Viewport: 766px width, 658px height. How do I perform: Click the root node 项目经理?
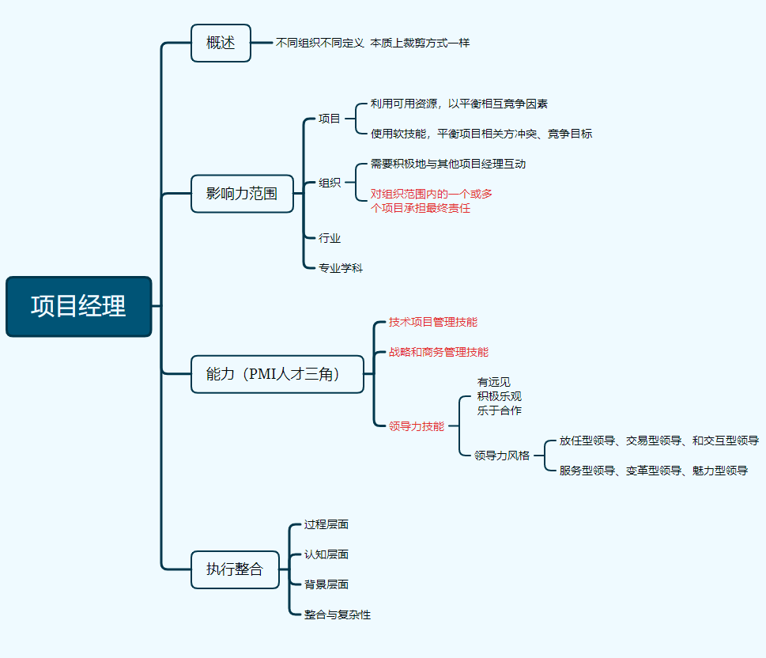[78, 306]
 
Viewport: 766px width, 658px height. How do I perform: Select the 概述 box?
[221, 43]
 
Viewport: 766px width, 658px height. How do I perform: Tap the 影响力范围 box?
[242, 194]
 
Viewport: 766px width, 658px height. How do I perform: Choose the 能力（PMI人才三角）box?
[277, 374]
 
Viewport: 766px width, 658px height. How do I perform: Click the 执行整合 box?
[235, 569]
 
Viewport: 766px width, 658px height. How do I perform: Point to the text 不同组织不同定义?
[319, 43]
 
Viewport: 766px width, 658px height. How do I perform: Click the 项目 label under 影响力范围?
[330, 119]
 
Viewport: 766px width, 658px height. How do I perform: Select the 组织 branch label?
[330, 183]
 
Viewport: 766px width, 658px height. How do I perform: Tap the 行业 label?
[330, 238]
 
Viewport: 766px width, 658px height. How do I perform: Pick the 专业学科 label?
[341, 268]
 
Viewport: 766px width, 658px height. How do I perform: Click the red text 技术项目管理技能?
[432, 322]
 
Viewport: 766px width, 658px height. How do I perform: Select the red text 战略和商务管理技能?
[438, 352]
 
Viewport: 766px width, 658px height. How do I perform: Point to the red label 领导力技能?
[416, 425]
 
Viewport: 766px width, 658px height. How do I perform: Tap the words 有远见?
[493, 382]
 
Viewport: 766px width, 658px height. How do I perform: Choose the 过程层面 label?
[326, 524]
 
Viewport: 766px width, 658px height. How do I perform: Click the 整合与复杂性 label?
[338, 615]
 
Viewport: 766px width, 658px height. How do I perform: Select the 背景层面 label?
[326, 584]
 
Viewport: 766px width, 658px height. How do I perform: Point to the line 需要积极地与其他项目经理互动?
[448, 164]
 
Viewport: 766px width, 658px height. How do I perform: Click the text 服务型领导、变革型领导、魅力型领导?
[653, 471]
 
